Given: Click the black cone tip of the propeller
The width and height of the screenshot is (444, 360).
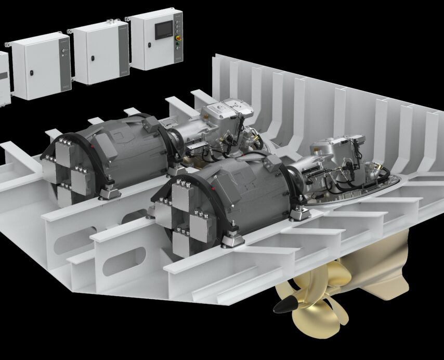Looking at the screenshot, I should (x=282, y=306).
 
